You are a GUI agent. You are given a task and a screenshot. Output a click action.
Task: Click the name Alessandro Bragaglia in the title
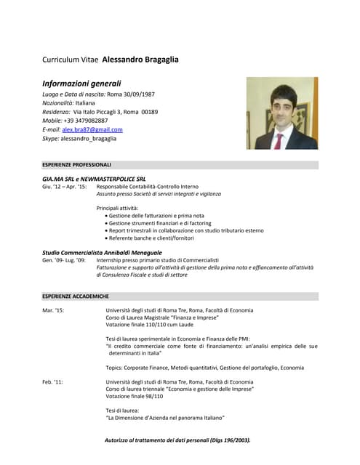[x=140, y=59]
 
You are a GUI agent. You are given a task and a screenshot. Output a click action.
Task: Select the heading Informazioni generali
[x=81, y=83]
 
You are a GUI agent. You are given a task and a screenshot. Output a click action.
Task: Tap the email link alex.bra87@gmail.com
[x=92, y=129]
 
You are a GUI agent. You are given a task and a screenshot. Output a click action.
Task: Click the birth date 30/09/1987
[x=138, y=94]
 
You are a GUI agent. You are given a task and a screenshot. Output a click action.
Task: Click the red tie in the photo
[x=279, y=139]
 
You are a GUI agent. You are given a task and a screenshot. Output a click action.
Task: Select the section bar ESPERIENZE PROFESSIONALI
[x=180, y=165]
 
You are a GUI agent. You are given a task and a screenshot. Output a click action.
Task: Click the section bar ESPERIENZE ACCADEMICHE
[x=180, y=296]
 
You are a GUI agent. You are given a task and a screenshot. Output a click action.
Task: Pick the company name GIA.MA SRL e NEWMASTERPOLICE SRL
[x=94, y=178]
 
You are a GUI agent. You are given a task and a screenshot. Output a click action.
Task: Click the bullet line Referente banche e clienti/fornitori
[x=152, y=238]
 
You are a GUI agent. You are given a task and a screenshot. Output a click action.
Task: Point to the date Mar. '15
[x=53, y=310]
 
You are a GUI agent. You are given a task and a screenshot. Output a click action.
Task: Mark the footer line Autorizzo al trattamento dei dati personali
[x=177, y=440]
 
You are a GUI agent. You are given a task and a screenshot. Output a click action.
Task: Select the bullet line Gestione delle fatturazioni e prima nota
[x=156, y=216]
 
